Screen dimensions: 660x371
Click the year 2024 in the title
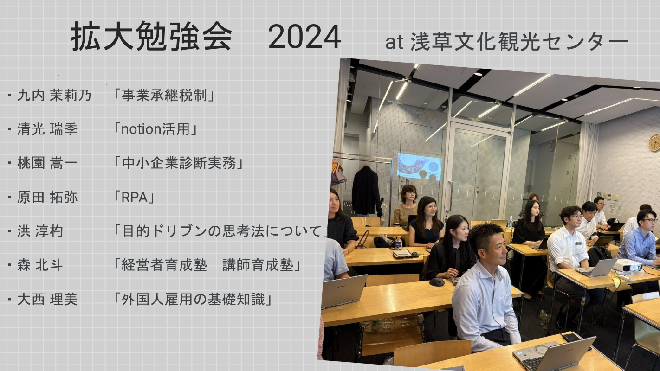pyautogui.click(x=304, y=37)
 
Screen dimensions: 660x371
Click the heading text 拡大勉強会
pyautogui.click(x=151, y=37)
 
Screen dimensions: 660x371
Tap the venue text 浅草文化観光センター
pyautogui.click(x=519, y=42)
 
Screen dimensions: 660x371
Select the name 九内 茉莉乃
pyautogui.click(x=54, y=96)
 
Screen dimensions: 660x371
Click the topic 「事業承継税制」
pyautogui.click(x=164, y=96)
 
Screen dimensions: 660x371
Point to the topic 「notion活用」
pyautogui.click(x=155, y=129)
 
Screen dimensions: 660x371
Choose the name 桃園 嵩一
pyautogui.click(x=47, y=163)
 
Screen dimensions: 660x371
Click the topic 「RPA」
pyautogui.click(x=134, y=197)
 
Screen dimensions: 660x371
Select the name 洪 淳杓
pyautogui.click(x=40, y=231)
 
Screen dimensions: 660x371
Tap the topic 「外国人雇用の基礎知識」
pyautogui.click(x=193, y=300)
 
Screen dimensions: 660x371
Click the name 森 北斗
pyautogui.click(x=40, y=265)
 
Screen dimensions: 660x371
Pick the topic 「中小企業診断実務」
pyautogui.click(x=179, y=163)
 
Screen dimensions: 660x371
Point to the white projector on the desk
pyautogui.click(x=627, y=266)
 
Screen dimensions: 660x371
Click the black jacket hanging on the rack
pyautogui.click(x=366, y=190)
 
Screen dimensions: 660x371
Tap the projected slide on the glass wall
pyautogui.click(x=419, y=166)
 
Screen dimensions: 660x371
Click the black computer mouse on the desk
pyautogui.click(x=437, y=282)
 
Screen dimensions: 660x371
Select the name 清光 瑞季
pyautogui.click(x=47, y=129)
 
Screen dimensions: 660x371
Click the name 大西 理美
pyautogui.click(x=47, y=300)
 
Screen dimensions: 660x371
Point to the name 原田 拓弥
pyautogui.click(x=47, y=197)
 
